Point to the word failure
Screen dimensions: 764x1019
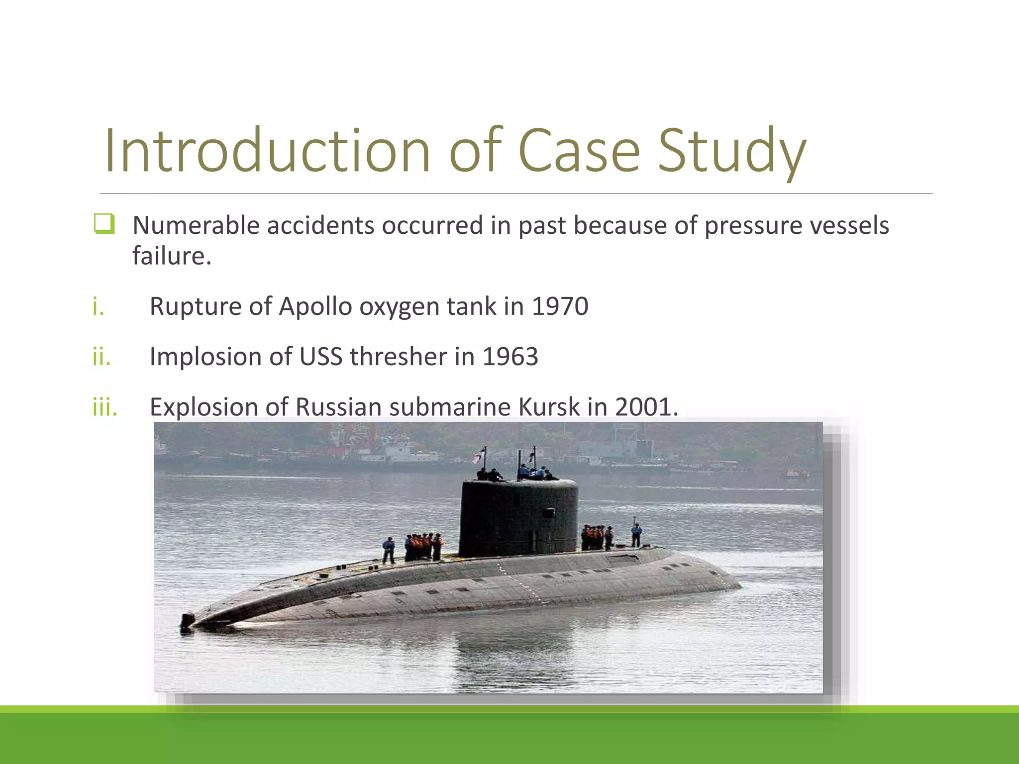tap(172, 256)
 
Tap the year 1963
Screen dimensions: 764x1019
tap(510, 357)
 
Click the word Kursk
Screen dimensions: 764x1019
tap(549, 407)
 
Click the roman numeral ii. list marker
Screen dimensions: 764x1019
tap(102, 357)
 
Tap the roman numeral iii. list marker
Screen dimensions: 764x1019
tap(105, 407)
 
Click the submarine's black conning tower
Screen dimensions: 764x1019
tap(517, 517)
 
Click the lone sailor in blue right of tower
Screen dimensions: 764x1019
tap(636, 535)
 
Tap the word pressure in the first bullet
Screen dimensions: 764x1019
tap(753, 225)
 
